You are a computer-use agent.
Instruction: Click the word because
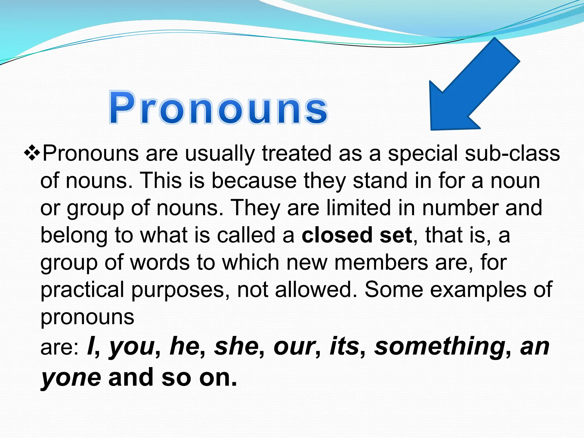(254, 181)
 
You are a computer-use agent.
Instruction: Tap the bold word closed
(337, 235)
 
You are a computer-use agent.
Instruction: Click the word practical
(82, 290)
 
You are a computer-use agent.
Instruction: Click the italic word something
(439, 346)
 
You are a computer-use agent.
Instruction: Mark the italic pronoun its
(344, 346)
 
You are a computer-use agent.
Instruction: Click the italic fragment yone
(71, 378)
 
